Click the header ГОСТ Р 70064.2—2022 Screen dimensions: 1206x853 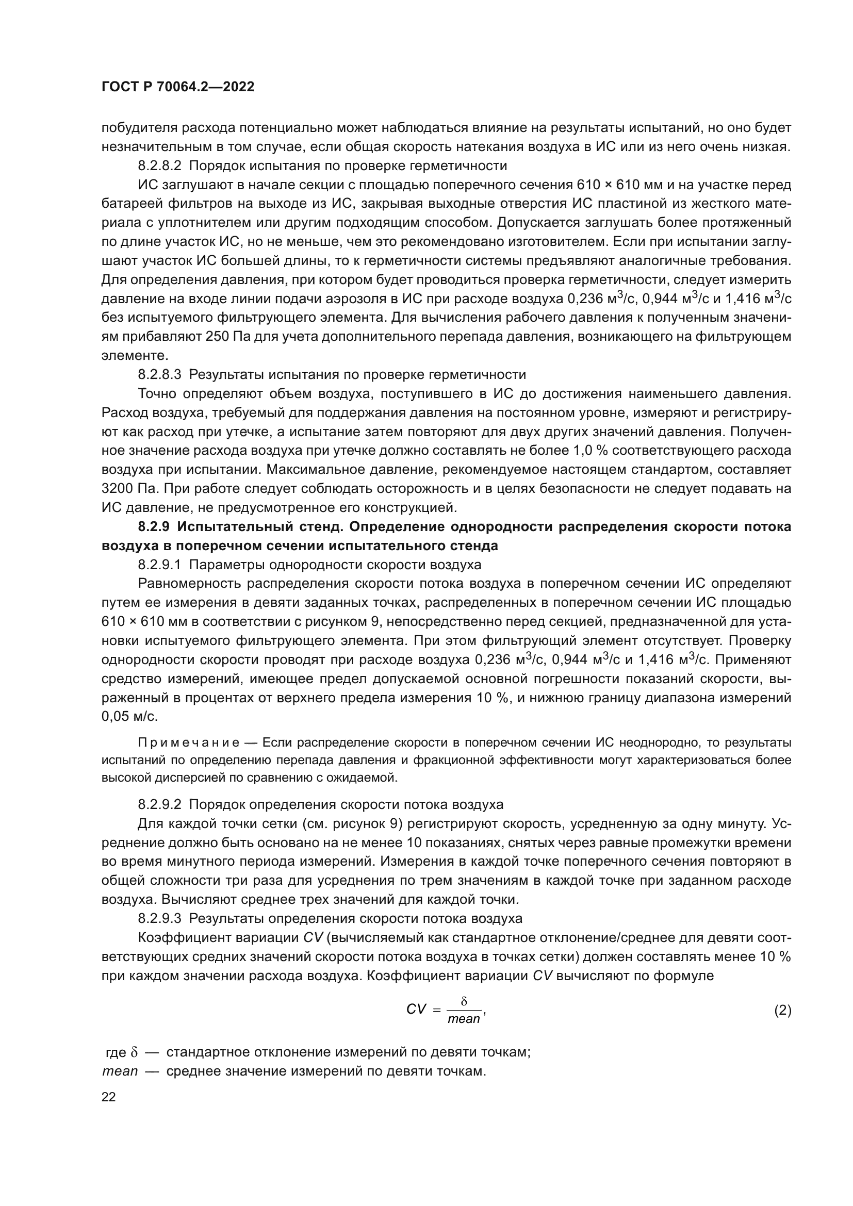[x=177, y=87]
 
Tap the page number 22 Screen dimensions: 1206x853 [x=108, y=1097]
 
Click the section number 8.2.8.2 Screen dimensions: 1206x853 [x=160, y=166]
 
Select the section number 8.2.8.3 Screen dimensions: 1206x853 [x=160, y=374]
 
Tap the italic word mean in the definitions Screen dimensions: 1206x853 [x=120, y=1071]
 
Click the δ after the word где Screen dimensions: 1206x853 [x=134, y=1053]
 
